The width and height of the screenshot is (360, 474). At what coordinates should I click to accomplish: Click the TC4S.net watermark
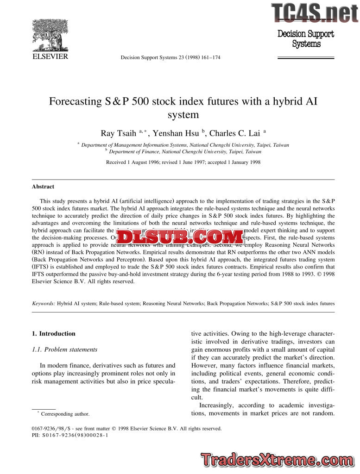[x=315, y=12]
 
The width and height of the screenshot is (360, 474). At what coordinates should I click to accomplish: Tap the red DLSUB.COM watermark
[x=180, y=237]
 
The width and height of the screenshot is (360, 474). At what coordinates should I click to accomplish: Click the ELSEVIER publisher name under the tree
[x=50, y=56]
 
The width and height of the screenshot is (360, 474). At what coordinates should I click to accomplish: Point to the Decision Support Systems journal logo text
[x=306, y=39]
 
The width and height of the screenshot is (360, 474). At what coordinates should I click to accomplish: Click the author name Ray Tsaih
[x=118, y=133]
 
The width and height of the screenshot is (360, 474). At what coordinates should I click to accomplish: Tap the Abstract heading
[x=43, y=187]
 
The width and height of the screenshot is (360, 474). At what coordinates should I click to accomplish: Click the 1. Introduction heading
[x=53, y=333]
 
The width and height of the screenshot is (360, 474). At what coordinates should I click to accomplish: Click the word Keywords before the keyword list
[x=43, y=304]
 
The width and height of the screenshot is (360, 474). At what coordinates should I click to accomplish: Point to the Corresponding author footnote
[x=65, y=414]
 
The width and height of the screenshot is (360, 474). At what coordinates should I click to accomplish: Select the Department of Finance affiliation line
[x=185, y=151]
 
